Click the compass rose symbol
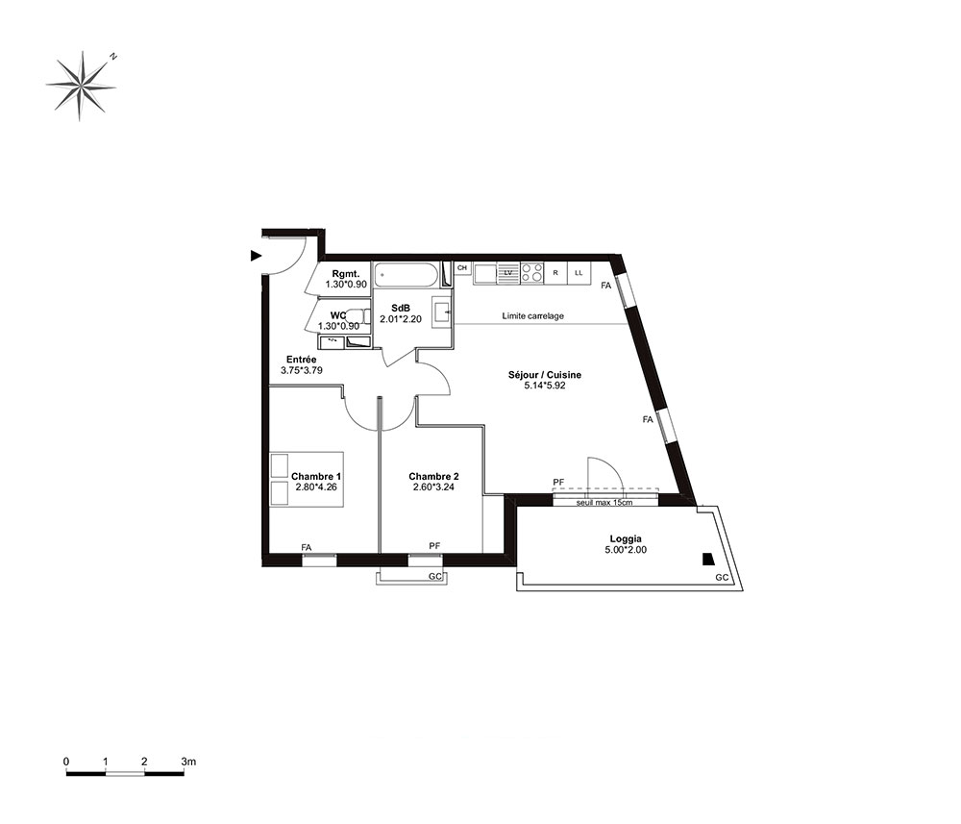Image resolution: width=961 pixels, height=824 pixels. pyautogui.click(x=81, y=86)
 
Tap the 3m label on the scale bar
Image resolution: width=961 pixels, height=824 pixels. pyautogui.click(x=188, y=762)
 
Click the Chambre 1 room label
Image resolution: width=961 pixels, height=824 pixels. pyautogui.click(x=316, y=476)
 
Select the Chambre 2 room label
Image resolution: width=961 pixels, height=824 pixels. pyautogui.click(x=434, y=476)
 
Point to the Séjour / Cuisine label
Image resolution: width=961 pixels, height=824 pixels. pyautogui.click(x=545, y=375)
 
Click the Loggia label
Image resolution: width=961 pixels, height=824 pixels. pyautogui.click(x=626, y=539)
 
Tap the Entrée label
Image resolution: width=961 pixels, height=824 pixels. pyautogui.click(x=302, y=360)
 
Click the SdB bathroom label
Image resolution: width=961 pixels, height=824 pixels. pyautogui.click(x=401, y=309)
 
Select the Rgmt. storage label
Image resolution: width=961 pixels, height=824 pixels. pyautogui.click(x=346, y=274)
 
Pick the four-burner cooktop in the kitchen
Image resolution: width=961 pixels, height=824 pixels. pyautogui.click(x=532, y=273)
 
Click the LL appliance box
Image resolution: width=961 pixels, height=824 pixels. pyautogui.click(x=579, y=273)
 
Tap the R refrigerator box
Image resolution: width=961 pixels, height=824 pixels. pyautogui.click(x=555, y=273)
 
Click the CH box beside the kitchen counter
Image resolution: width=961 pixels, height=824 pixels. pyautogui.click(x=462, y=268)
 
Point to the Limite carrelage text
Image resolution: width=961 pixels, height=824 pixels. pyautogui.click(x=533, y=315)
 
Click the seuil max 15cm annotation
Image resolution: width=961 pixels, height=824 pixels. pyautogui.click(x=604, y=503)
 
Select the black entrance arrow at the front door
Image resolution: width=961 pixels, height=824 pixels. pyautogui.click(x=257, y=256)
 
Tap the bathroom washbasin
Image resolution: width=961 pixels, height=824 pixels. pyautogui.click(x=442, y=312)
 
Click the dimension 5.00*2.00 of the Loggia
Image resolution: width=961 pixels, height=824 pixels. pyautogui.click(x=626, y=550)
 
